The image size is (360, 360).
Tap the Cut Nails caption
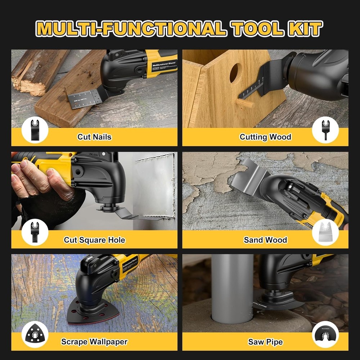[94, 137]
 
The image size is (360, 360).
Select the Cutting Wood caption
[265, 137]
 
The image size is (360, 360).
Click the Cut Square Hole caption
[94, 240]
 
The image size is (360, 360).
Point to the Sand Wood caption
[265, 240]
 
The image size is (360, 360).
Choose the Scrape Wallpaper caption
[94, 342]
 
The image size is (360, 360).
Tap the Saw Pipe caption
[265, 342]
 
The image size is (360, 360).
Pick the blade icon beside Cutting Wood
[325, 130]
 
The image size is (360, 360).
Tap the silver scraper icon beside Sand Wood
[325, 233]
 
